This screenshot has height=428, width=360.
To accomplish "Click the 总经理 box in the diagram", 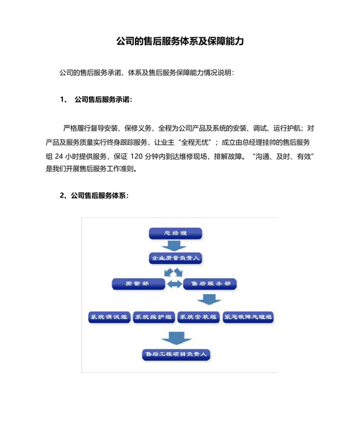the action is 175,232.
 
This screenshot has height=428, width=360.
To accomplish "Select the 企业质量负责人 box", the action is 176,257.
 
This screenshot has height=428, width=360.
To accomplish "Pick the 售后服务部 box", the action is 210,283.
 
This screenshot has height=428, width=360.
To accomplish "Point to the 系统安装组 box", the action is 197,317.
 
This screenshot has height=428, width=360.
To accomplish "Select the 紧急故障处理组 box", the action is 248,317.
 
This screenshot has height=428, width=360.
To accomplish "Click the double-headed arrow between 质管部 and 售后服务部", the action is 174,283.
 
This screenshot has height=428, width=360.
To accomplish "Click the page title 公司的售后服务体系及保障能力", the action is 179,41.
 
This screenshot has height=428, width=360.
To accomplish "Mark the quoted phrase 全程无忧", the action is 195,142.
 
